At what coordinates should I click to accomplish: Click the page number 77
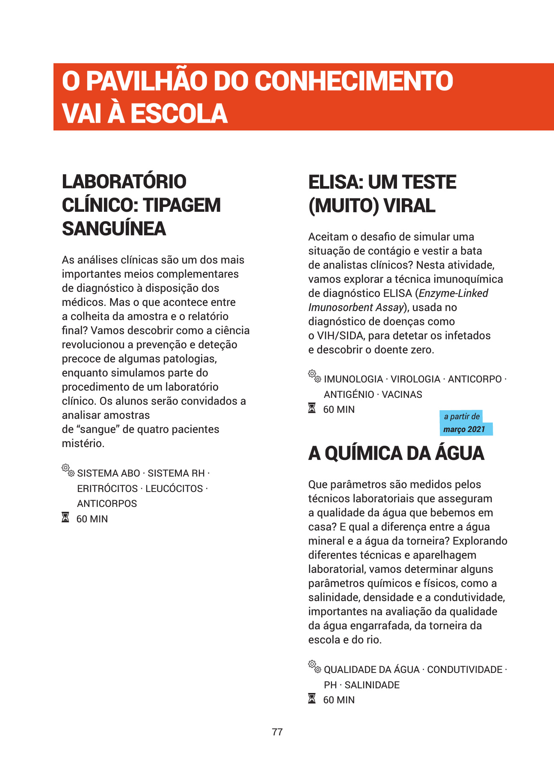point(277,732)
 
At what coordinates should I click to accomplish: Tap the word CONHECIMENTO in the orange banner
point(354,81)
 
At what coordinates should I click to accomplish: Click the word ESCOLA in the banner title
point(179,113)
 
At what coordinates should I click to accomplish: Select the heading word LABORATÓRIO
point(124,181)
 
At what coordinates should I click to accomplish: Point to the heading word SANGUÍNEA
point(114,228)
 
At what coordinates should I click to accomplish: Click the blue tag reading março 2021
point(464,429)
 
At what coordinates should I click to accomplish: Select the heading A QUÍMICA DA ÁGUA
point(396,453)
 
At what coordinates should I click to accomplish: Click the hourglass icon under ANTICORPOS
point(65,518)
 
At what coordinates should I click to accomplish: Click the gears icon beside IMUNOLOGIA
point(314,376)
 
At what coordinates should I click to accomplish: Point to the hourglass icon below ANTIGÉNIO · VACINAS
point(312,409)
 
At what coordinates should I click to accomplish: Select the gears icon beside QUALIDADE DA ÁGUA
point(314,666)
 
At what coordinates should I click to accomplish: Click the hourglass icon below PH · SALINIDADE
point(312,699)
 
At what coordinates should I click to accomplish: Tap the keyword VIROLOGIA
point(415,379)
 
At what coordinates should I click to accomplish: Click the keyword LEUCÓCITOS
point(174,489)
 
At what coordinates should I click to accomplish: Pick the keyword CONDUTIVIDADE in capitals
point(465,669)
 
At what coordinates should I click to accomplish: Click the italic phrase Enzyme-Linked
point(453,293)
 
